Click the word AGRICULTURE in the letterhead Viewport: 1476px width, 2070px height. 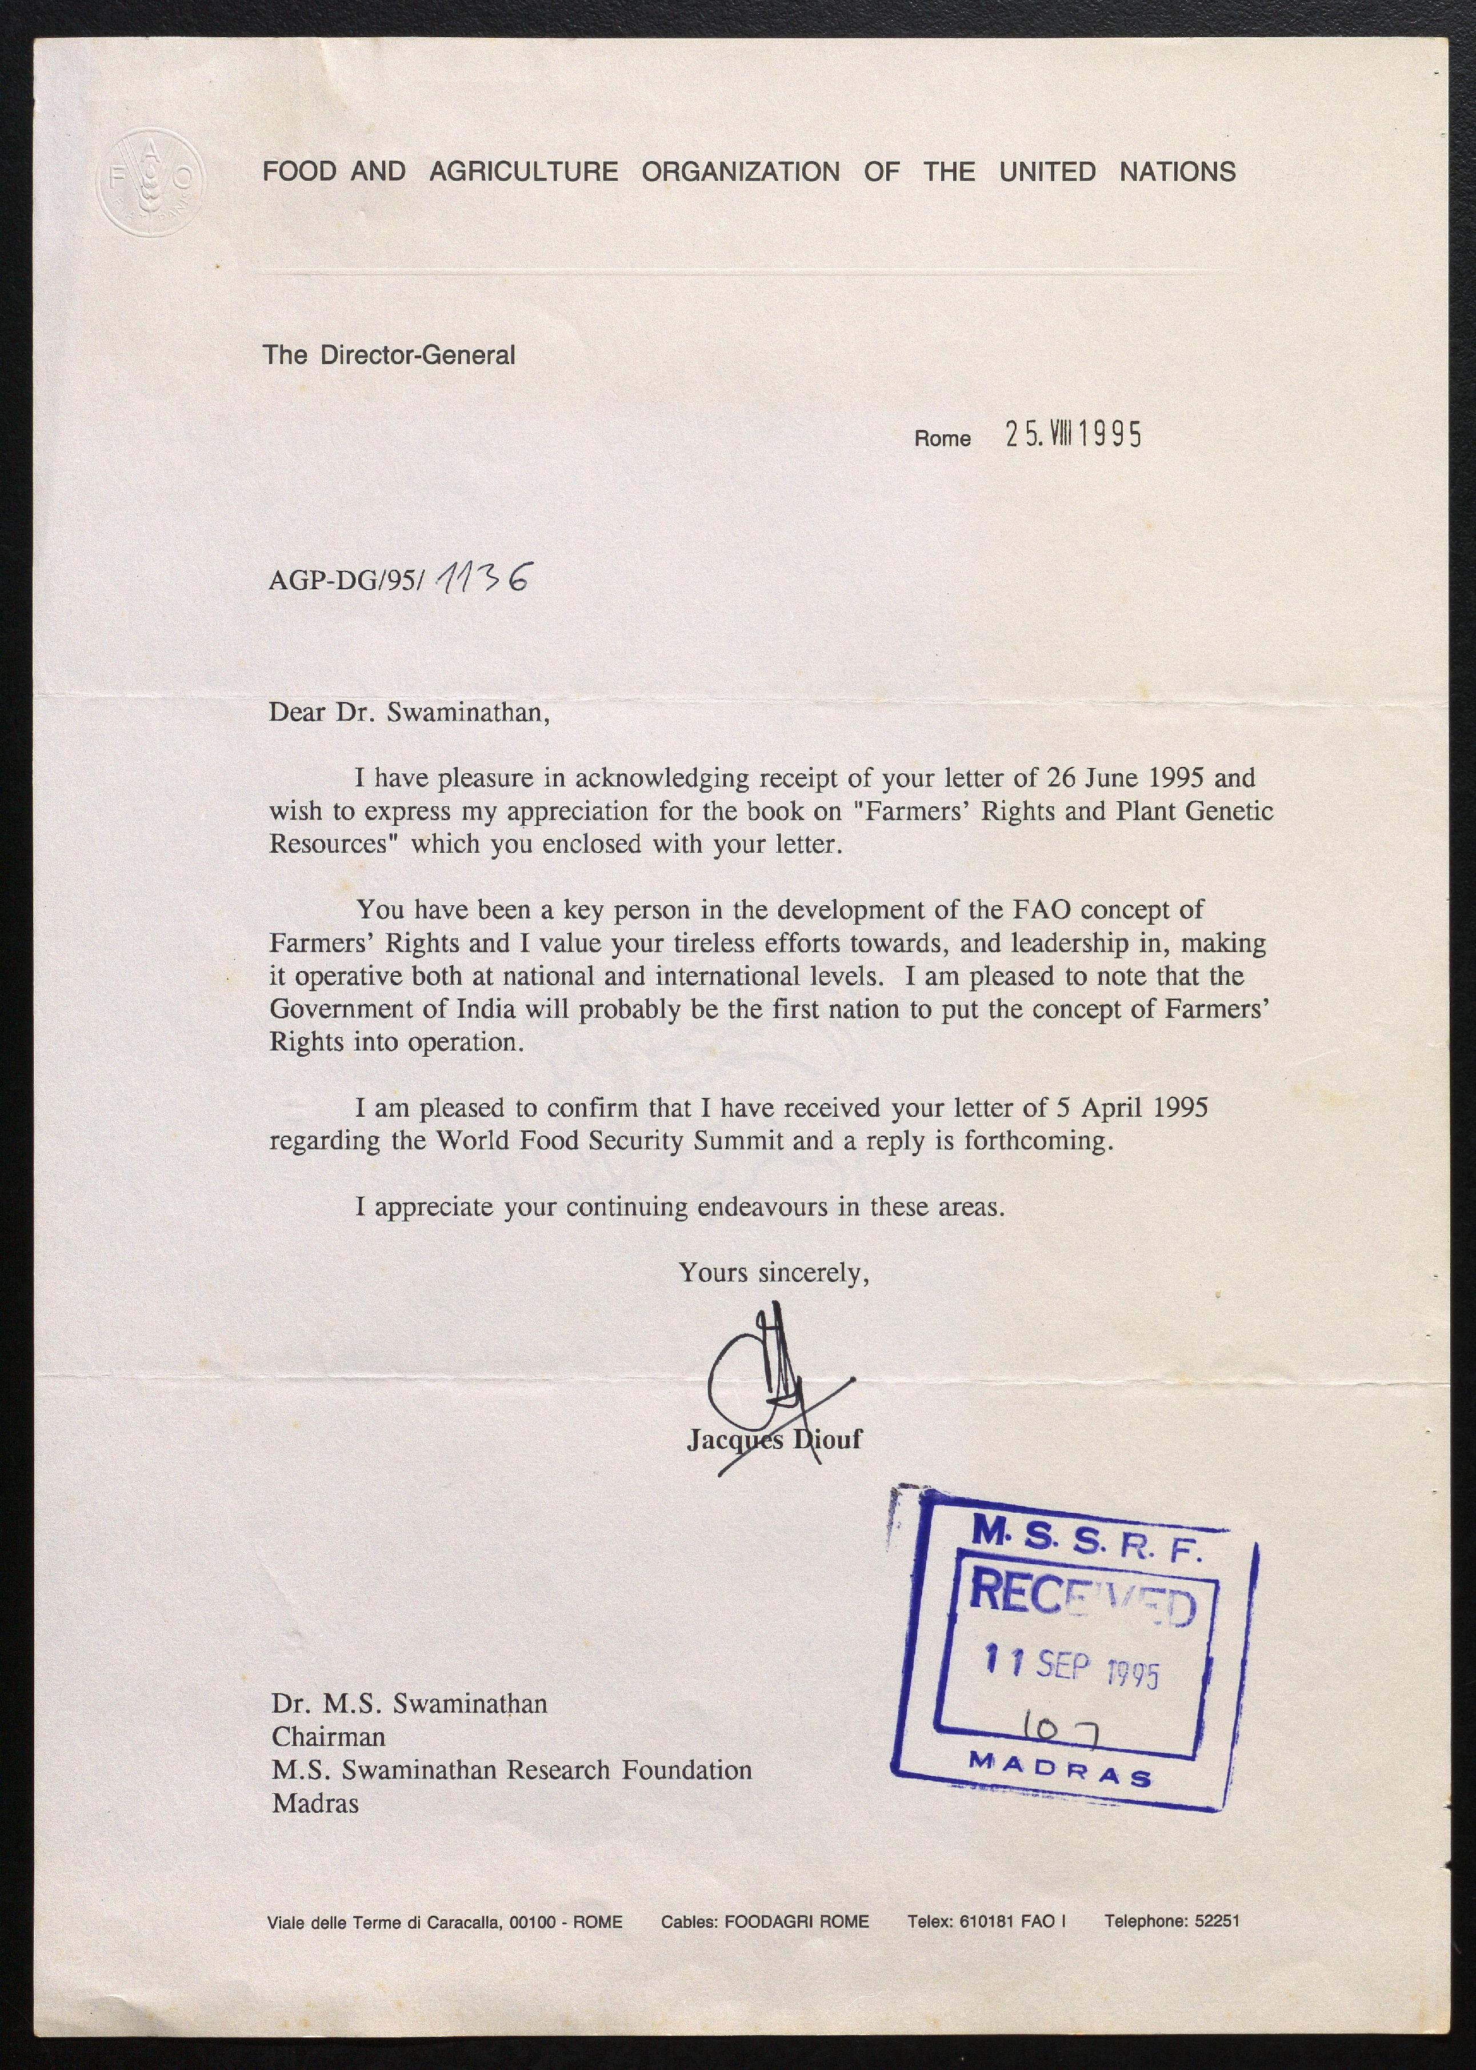(523, 172)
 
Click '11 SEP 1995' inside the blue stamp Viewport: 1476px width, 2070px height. (1073, 1667)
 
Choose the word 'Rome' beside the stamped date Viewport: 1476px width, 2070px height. (942, 438)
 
